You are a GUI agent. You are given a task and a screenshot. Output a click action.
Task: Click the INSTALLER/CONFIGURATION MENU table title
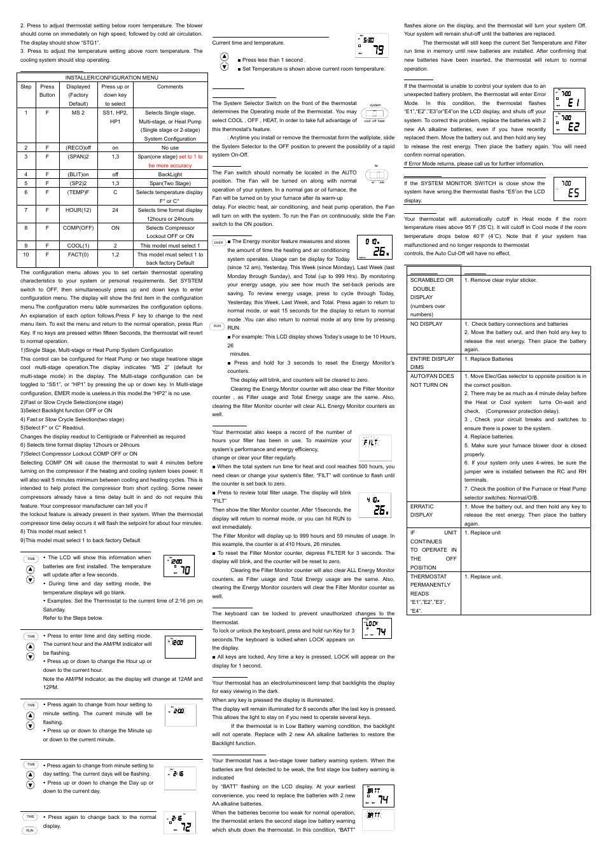point(112,78)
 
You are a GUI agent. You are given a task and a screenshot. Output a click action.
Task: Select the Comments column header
point(170,87)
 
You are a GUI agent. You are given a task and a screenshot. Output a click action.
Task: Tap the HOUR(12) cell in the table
point(78,210)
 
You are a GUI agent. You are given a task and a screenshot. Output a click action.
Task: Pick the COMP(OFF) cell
point(78,228)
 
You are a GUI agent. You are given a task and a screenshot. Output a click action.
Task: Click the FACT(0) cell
point(78,255)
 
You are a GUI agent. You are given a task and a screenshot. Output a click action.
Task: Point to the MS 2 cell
point(78,113)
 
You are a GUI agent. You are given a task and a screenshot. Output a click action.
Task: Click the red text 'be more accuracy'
point(170,165)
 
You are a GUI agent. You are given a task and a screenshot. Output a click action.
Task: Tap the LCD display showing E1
point(569,99)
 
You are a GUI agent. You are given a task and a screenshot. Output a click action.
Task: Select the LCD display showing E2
point(569,122)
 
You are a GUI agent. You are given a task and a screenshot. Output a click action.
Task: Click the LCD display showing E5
point(569,188)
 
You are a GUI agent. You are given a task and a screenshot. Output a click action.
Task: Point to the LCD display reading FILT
point(375,447)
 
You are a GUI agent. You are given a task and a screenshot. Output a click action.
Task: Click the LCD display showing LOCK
point(377,628)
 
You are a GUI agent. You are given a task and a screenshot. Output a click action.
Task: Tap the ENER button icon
point(218,242)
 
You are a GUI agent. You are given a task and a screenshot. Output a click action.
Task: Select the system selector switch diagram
point(375,113)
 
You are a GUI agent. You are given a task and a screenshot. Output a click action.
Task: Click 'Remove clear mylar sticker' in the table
point(501,280)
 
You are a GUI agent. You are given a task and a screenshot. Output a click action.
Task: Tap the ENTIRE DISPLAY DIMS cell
point(432,363)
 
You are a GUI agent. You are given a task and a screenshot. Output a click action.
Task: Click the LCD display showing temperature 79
point(372,46)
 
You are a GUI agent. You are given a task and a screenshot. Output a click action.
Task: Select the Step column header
point(26,87)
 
